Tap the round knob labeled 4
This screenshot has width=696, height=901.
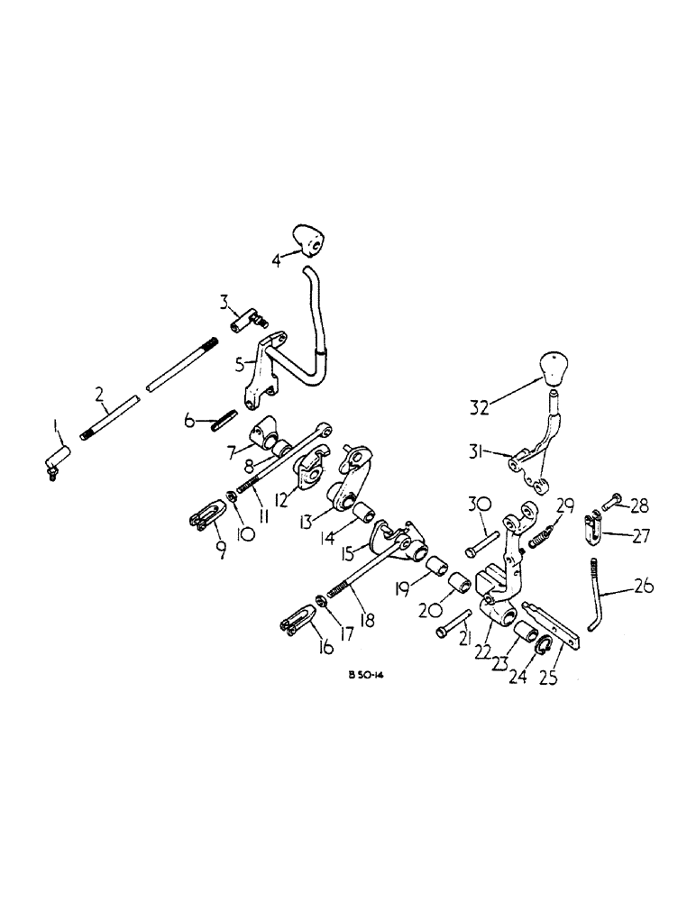click(x=309, y=241)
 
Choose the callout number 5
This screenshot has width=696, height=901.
click(x=239, y=365)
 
